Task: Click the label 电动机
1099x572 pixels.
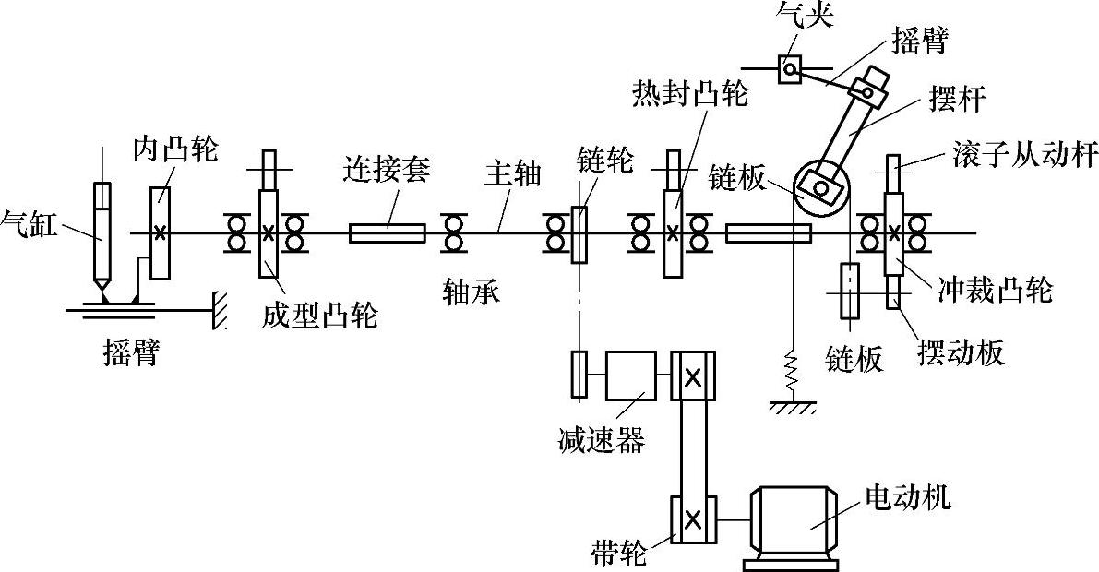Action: tap(906, 499)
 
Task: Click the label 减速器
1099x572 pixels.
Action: tap(601, 439)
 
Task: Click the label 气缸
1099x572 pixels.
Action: tap(30, 223)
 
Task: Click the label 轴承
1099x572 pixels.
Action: tap(470, 293)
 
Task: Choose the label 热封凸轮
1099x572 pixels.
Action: tap(690, 92)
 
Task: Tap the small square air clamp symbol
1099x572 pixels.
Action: tap(791, 67)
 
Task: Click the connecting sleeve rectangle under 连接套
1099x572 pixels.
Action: tap(388, 232)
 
